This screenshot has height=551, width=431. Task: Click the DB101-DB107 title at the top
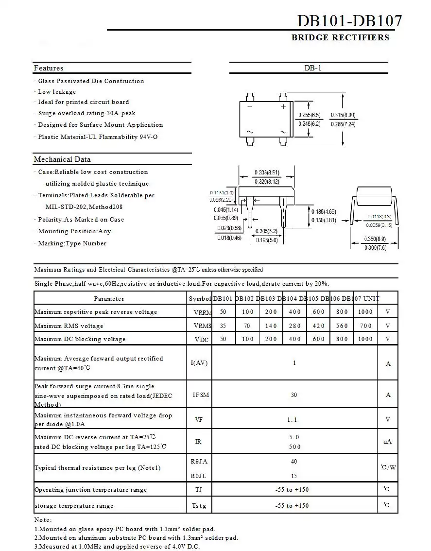(349, 21)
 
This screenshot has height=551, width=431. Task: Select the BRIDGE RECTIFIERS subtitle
(340, 37)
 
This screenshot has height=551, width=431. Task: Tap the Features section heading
(49, 68)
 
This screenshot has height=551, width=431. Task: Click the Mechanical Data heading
(62, 159)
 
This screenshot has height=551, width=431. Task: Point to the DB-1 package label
(313, 68)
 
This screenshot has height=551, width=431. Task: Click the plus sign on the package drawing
(283, 106)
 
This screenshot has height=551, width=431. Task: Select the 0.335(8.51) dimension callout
(267, 172)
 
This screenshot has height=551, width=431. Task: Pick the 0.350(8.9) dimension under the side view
(375, 239)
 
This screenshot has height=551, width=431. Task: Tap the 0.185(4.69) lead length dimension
(324, 212)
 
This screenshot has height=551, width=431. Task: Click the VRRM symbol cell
(202, 312)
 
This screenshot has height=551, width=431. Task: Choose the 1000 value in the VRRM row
(365, 312)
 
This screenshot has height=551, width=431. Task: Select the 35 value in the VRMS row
(223, 326)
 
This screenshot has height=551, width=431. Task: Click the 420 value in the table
(318, 326)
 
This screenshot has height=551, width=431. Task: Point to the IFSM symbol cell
(201, 395)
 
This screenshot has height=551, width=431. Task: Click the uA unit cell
(387, 442)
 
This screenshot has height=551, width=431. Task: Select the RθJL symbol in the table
(199, 476)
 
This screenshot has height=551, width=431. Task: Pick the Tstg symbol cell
(199, 506)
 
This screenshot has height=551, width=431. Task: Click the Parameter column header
(109, 299)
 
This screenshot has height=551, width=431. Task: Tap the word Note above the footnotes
(43, 520)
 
